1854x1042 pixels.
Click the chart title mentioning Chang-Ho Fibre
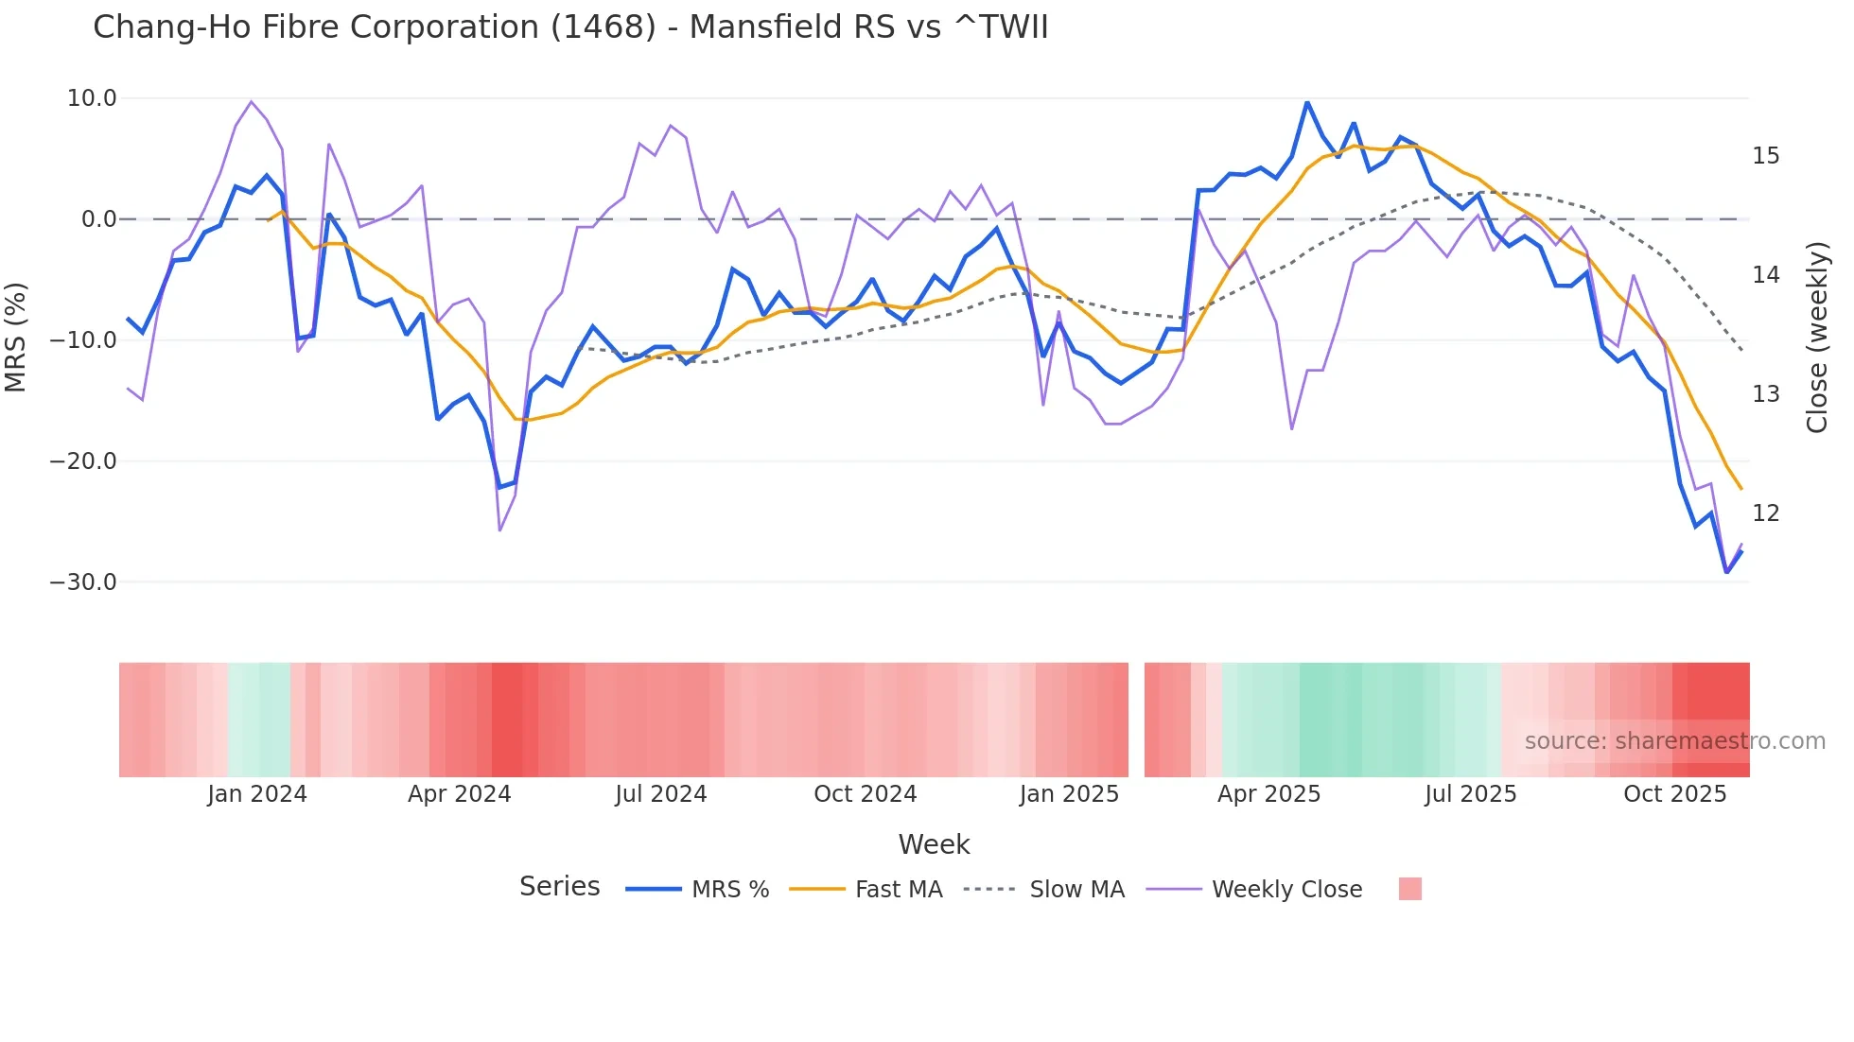tap(570, 27)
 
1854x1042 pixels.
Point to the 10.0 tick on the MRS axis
tap(92, 98)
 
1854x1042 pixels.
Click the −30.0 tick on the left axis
tap(83, 582)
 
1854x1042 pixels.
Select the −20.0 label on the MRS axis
tap(83, 461)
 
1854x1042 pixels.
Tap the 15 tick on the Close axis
tap(1765, 156)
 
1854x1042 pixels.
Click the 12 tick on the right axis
tap(1765, 513)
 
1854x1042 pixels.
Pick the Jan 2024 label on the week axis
tap(257, 794)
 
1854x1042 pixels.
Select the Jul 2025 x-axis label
tap(1470, 794)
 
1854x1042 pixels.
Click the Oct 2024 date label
tap(865, 794)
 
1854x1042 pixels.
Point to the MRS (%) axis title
tap(16, 338)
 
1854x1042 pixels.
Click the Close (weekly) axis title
tap(1816, 338)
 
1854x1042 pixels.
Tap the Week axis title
tap(934, 844)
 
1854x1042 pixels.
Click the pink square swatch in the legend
tap(1409, 890)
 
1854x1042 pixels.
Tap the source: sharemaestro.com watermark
tap(1674, 741)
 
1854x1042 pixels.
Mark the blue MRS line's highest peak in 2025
tap(1307, 102)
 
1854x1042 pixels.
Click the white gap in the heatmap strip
tap(1136, 720)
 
